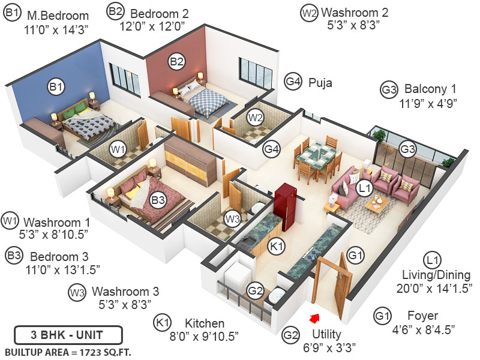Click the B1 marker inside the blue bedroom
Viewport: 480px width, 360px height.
pyautogui.click(x=56, y=88)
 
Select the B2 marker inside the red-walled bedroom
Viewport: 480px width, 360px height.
pyautogui.click(x=176, y=61)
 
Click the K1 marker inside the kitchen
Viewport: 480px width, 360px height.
pyautogui.click(x=275, y=247)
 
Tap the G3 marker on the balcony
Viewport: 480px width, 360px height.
pyautogui.click(x=408, y=148)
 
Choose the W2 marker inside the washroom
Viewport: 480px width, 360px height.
pyautogui.click(x=256, y=117)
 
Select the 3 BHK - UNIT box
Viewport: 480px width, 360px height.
pyautogui.click(x=68, y=334)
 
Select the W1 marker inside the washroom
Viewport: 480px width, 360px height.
pyautogui.click(x=118, y=148)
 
